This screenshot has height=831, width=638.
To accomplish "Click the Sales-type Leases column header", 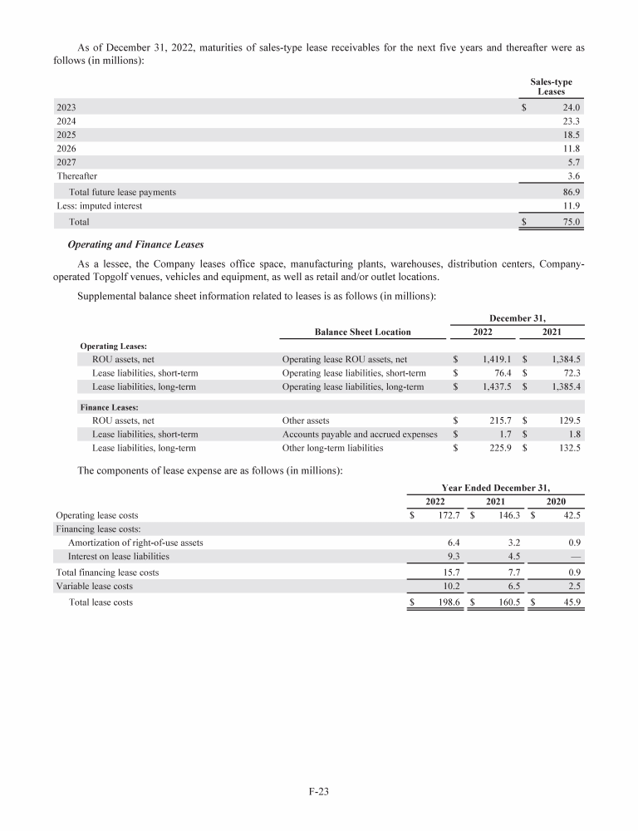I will pyautogui.click(x=551, y=86).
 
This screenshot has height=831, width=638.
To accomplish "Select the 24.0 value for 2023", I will pyautogui.click(x=571, y=107).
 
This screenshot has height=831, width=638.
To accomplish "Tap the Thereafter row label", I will pyautogui.click(x=76, y=176).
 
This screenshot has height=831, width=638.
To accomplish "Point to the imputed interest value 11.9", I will pyautogui.click(x=571, y=205).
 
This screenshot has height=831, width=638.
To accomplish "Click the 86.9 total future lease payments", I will pyautogui.click(x=571, y=192).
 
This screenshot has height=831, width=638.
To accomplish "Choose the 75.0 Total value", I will pyautogui.click(x=571, y=222).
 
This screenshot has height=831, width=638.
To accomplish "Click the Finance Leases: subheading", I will pyautogui.click(x=109, y=408).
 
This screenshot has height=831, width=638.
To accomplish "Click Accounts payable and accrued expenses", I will pyautogui.click(x=360, y=435).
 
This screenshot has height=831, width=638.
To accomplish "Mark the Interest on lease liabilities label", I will pyautogui.click(x=119, y=556).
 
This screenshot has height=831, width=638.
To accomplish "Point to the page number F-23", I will pyautogui.click(x=319, y=792).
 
